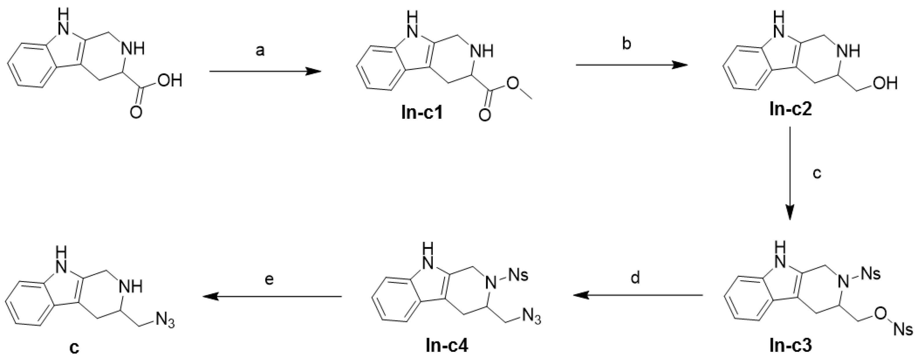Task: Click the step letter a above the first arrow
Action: point(260,51)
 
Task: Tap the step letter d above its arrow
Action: point(635,278)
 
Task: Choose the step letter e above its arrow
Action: point(269,278)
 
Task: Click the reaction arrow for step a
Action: point(265,71)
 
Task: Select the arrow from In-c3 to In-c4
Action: point(638,295)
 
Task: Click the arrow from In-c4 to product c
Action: point(272,296)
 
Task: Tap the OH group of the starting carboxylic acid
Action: point(170,81)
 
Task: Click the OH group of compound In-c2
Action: point(885,83)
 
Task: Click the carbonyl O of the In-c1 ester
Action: point(484,115)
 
